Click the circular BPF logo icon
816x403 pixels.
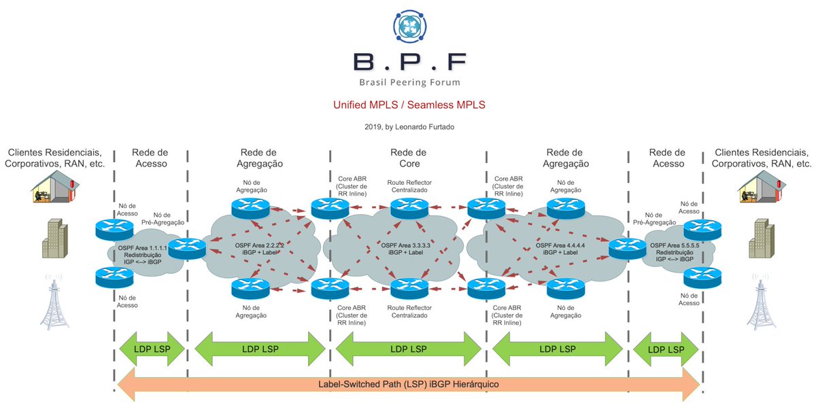click(410, 27)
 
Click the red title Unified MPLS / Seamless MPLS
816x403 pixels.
click(409, 105)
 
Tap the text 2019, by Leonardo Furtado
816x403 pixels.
click(409, 126)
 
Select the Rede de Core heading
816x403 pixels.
click(409, 158)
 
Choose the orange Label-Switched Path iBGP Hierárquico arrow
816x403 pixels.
click(409, 385)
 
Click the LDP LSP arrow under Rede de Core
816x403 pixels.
click(409, 349)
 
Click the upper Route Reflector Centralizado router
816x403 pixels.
click(409, 208)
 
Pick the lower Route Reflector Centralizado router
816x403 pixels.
click(409, 288)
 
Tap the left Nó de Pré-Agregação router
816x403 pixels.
click(187, 248)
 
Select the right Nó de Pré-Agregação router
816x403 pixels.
click(627, 248)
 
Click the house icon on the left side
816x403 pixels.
click(55, 186)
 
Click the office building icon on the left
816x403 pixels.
click(55, 239)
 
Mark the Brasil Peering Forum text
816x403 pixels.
click(410, 82)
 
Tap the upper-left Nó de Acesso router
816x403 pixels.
click(114, 230)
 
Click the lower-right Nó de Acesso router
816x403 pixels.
click(702, 278)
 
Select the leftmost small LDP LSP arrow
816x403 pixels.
click(152, 349)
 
